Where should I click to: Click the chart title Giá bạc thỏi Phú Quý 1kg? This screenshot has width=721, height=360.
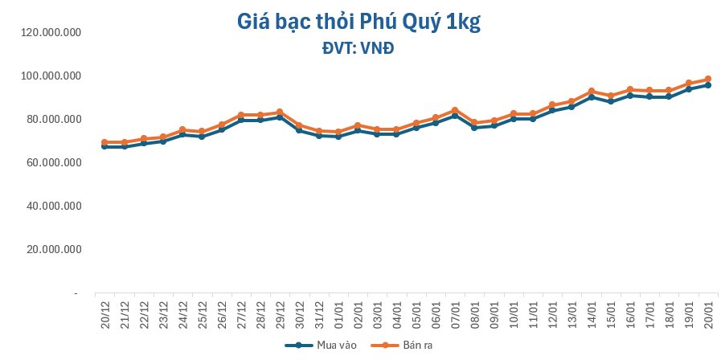pyautogui.click(x=358, y=22)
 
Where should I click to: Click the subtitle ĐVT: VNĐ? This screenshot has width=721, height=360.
pyautogui.click(x=358, y=48)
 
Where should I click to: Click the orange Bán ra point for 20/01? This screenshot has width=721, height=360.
pyautogui.click(x=707, y=79)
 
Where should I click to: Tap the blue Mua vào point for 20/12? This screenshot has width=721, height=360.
pyautogui.click(x=105, y=146)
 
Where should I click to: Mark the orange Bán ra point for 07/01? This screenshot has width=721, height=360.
pyautogui.click(x=455, y=110)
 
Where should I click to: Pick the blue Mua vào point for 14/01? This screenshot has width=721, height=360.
pyautogui.click(x=591, y=97)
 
